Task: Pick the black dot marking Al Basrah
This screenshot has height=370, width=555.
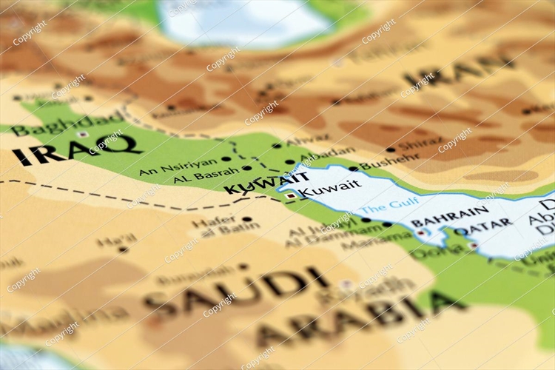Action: [x=246, y=168]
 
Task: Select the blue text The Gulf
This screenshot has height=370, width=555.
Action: [x=389, y=202]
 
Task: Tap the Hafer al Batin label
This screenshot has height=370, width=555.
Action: [x=215, y=226]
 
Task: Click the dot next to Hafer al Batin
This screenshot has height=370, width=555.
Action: [x=246, y=219]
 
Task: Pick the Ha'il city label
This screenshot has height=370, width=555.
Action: [x=116, y=240]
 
